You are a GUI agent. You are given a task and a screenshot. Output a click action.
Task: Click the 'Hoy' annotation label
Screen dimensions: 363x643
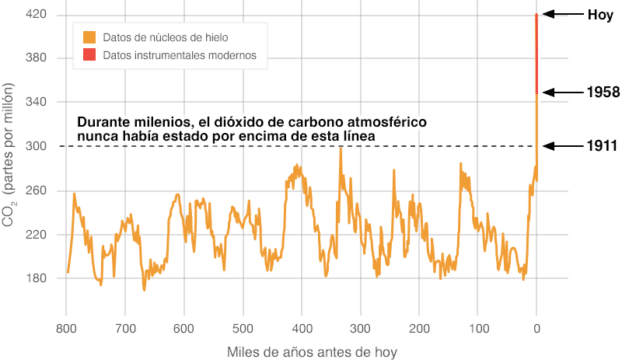(601, 14)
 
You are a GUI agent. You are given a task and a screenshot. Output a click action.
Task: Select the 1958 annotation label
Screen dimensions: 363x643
(603, 92)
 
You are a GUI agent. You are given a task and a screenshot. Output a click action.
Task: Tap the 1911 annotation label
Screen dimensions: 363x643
(603, 146)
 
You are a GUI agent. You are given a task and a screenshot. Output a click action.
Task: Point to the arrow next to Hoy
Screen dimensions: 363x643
(561, 14)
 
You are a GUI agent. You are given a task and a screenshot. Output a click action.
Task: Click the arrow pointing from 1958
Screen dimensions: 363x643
(561, 92)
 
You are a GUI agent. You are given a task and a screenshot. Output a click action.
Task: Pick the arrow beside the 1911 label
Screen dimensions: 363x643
(561, 146)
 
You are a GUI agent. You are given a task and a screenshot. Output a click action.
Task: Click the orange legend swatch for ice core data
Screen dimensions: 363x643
(89, 37)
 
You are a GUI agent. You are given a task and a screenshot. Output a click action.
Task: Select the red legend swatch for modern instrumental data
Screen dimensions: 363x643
(89, 55)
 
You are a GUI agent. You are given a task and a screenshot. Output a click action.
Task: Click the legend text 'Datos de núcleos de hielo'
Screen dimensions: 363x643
(166, 37)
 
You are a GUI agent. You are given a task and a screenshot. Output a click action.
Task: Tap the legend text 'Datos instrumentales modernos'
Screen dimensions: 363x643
(180, 55)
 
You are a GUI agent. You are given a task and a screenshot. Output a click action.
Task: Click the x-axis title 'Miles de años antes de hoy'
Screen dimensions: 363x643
(312, 351)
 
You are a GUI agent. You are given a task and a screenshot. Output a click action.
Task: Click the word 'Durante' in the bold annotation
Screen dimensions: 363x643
(107, 123)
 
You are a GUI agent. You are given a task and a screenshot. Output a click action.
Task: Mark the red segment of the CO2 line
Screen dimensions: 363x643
(536, 54)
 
